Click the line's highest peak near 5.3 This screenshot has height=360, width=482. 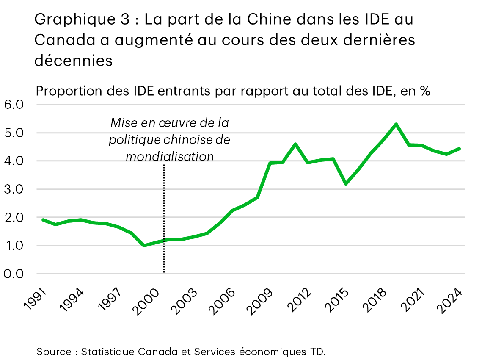[x=396, y=124]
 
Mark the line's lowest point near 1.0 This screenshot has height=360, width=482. [x=144, y=246]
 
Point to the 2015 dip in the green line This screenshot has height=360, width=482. [x=346, y=184]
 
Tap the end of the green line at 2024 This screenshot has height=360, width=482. [x=460, y=149]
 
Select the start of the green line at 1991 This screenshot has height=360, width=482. [x=43, y=219]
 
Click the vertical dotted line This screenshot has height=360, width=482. [x=164, y=220]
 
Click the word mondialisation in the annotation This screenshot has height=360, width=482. [x=170, y=156]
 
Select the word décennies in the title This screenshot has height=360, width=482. [x=73, y=60]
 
